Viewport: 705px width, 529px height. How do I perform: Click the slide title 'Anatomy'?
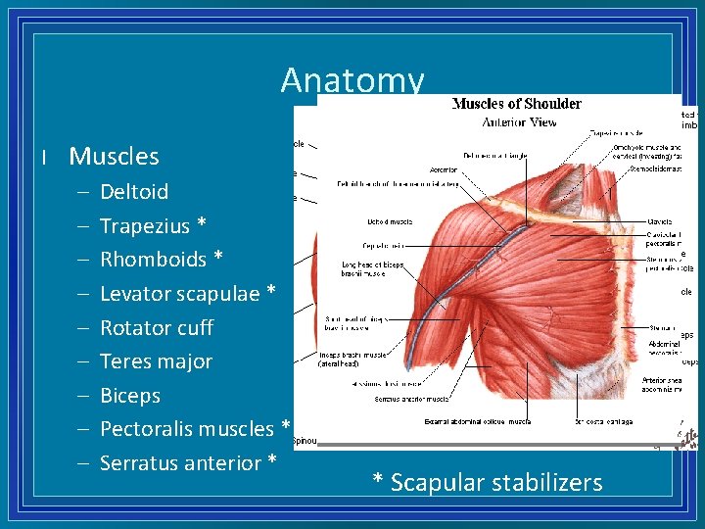click(352, 79)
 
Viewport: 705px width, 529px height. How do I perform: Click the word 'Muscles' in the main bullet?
click(114, 156)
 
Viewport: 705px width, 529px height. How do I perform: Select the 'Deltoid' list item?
click(134, 191)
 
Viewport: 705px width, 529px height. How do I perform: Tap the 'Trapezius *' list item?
click(153, 225)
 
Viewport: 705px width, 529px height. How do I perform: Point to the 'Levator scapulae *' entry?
click(188, 294)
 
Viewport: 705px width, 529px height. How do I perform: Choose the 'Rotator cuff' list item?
click(157, 327)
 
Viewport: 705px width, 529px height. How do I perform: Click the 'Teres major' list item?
click(156, 361)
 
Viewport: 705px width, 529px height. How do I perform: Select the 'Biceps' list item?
click(130, 396)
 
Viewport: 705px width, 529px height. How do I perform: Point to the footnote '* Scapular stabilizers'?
click(487, 482)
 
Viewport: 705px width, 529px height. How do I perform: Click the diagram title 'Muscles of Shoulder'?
click(516, 104)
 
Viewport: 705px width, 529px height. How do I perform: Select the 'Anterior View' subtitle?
click(519, 122)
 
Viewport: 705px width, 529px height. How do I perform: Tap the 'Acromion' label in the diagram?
click(444, 169)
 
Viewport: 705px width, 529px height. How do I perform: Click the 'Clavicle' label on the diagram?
click(659, 221)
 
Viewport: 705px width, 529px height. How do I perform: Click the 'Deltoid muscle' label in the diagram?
click(389, 222)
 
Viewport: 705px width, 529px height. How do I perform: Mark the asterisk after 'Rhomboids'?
click(217, 259)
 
